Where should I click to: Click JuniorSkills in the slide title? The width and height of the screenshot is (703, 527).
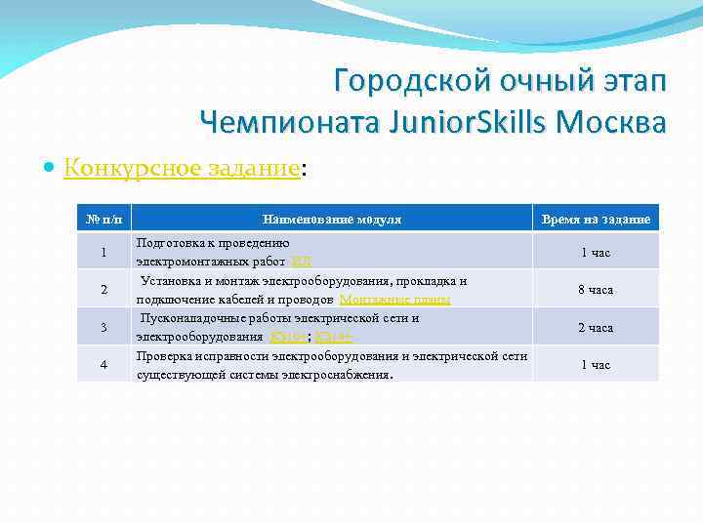click(468, 122)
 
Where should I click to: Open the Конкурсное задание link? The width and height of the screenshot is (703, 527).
click(182, 169)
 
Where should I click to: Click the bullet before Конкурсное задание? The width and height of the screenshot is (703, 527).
click(51, 169)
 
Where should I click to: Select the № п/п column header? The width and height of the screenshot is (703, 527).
click(103, 220)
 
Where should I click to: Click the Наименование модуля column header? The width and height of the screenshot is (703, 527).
click(331, 220)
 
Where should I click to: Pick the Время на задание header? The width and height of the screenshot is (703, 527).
click(595, 220)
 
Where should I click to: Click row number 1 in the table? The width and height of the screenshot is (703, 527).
click(103, 253)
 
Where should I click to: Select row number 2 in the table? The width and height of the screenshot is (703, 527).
click(103, 290)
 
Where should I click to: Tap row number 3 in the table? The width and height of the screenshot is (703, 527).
click(103, 327)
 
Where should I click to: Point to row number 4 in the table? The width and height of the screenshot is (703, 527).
click(103, 364)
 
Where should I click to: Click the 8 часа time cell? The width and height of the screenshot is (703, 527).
click(595, 290)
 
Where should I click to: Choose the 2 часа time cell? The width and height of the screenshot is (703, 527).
click(595, 327)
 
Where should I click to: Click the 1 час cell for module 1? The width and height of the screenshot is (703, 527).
click(595, 253)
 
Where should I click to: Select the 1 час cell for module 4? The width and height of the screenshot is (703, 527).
click(595, 364)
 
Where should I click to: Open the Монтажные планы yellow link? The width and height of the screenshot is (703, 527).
click(394, 300)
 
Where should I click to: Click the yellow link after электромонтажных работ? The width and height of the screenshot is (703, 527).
click(301, 262)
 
